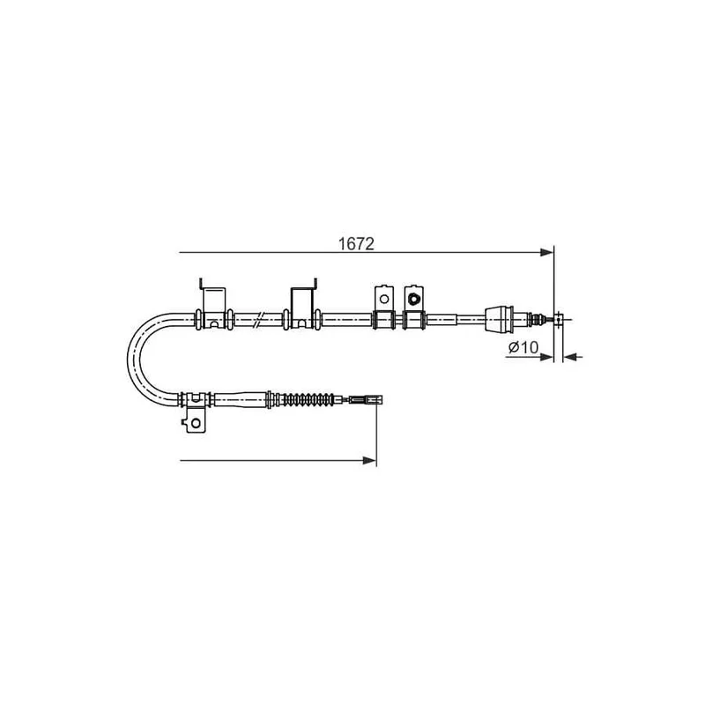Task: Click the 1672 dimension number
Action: pyautogui.click(x=356, y=244)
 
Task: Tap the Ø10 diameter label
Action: pyautogui.click(x=523, y=347)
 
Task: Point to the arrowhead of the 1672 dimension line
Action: pyautogui.click(x=546, y=252)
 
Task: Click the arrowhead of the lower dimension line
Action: pyautogui.click(x=369, y=460)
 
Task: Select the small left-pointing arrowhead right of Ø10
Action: pyautogui.click(x=570, y=357)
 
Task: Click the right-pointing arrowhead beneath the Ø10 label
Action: pyautogui.click(x=546, y=357)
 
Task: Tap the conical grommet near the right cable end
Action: pyautogui.click(x=499, y=320)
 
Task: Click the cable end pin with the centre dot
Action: pyautogui.click(x=559, y=320)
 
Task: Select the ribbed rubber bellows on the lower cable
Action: pyautogui.click(x=307, y=399)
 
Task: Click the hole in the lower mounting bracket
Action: pyautogui.click(x=196, y=423)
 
